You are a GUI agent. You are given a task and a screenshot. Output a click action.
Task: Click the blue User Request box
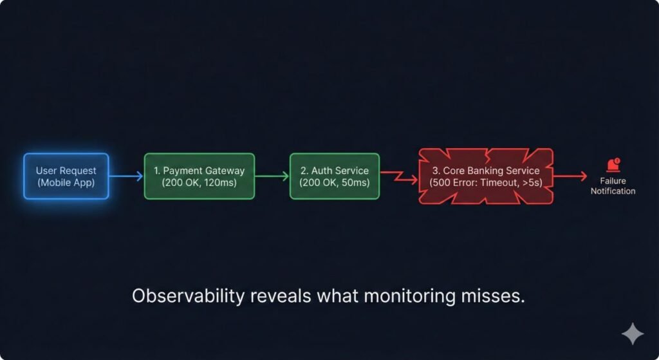(x=66, y=176)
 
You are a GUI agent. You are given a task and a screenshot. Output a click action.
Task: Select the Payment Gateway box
(x=199, y=176)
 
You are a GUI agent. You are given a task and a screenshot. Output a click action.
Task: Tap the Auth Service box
(x=334, y=176)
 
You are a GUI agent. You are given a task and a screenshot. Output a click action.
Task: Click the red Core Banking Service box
(x=486, y=176)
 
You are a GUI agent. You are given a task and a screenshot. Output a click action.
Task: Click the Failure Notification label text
(x=613, y=186)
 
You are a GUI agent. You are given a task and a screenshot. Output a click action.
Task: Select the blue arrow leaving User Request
(x=126, y=176)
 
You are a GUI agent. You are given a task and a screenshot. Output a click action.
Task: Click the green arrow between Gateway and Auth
(x=272, y=176)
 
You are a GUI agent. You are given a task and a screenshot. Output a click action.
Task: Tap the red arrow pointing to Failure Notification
(x=570, y=176)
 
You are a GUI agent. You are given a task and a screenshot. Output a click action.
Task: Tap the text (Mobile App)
(x=66, y=182)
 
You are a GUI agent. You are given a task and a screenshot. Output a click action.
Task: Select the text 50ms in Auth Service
(x=355, y=183)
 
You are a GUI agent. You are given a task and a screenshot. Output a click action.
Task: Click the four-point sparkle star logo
(x=632, y=334)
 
